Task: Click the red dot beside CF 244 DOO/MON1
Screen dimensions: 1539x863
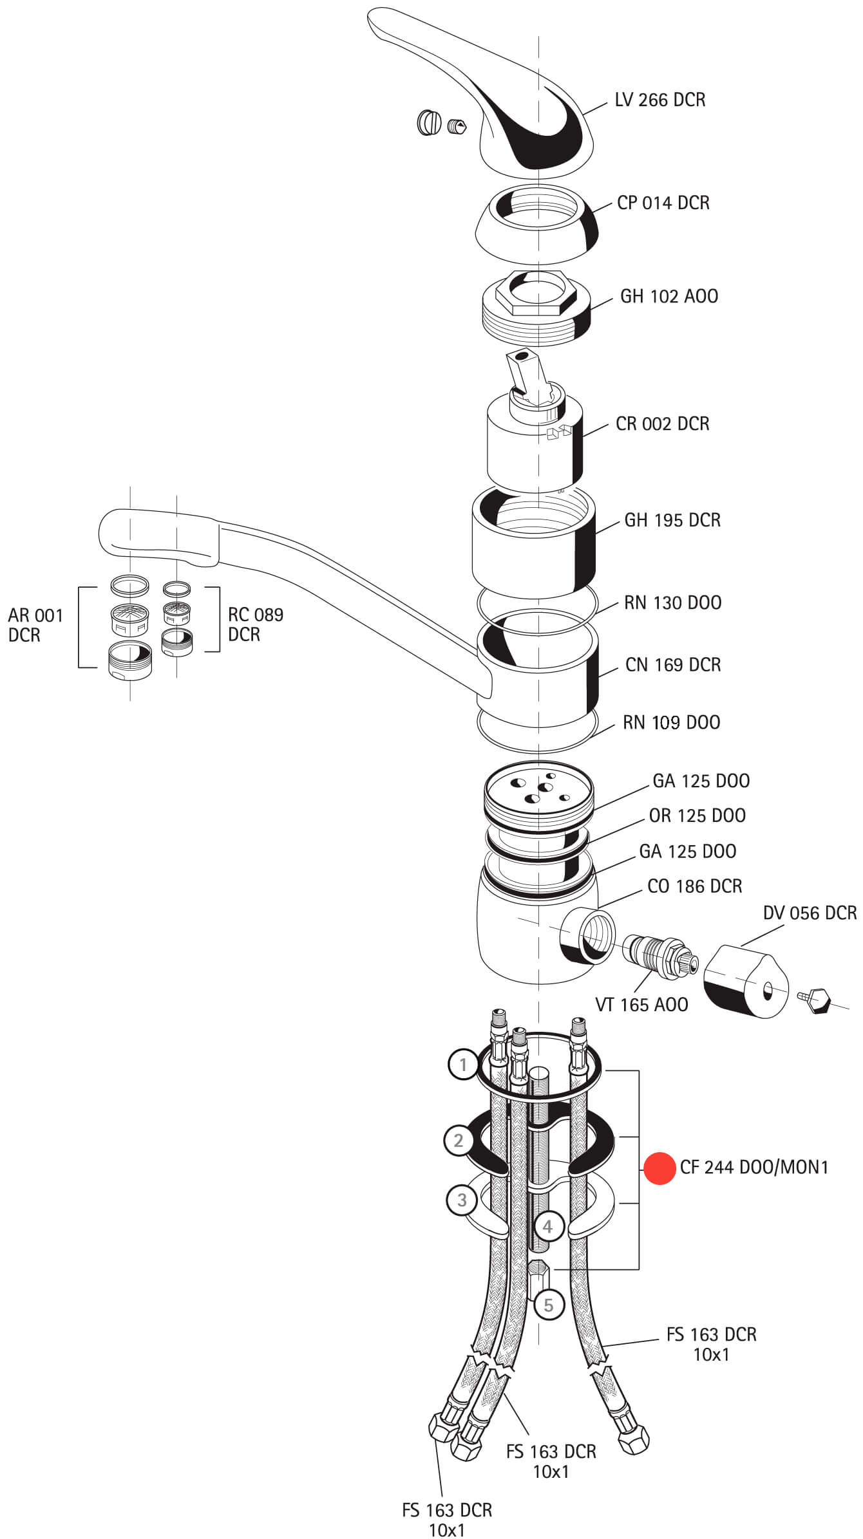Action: [659, 1166]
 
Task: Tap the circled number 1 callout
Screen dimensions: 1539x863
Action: [463, 1065]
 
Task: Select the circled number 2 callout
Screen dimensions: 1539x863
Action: [459, 1141]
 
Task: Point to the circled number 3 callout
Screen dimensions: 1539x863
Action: [462, 1200]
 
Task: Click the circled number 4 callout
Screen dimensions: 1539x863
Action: [547, 1226]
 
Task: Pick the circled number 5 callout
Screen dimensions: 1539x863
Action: [548, 1305]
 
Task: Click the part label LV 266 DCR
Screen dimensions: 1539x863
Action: [659, 100]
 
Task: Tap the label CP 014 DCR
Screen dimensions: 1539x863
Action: [663, 203]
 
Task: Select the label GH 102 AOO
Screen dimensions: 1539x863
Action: [669, 296]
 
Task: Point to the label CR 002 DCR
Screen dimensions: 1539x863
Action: [662, 424]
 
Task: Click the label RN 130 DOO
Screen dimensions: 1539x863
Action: [672, 602]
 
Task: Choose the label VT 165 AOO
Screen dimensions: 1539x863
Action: [641, 1004]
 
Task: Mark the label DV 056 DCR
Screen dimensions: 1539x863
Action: [810, 913]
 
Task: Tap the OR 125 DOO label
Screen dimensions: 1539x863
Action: [697, 816]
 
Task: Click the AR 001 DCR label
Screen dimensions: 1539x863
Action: [35, 625]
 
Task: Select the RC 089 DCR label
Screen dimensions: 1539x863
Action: [255, 624]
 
